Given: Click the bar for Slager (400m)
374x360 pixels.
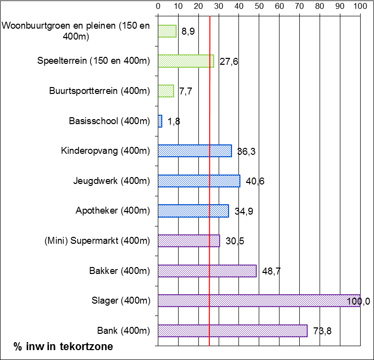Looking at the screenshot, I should (259, 301).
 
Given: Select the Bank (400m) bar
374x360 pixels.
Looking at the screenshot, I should (233, 331).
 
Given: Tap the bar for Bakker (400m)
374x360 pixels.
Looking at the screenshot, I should (207, 271).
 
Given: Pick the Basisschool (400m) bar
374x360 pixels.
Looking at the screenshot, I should (160, 121).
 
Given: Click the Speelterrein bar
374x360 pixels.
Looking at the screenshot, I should (186, 61).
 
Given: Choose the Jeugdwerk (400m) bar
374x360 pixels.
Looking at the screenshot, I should (199, 181).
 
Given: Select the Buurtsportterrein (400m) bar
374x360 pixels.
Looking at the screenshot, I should (166, 91).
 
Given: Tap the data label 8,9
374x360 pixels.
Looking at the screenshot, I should (188, 32).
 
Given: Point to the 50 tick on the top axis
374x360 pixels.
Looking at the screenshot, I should (259, 6).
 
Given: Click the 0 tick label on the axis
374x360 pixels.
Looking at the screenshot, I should (158, 6).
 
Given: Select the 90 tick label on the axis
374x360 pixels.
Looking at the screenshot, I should (340, 6).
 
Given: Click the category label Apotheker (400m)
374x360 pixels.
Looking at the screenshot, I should (112, 211).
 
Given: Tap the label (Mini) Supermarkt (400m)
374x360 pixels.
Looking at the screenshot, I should (96, 241).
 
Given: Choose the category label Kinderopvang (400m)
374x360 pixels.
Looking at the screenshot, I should (105, 151).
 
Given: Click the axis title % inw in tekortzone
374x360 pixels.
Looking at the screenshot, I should (63, 347).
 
